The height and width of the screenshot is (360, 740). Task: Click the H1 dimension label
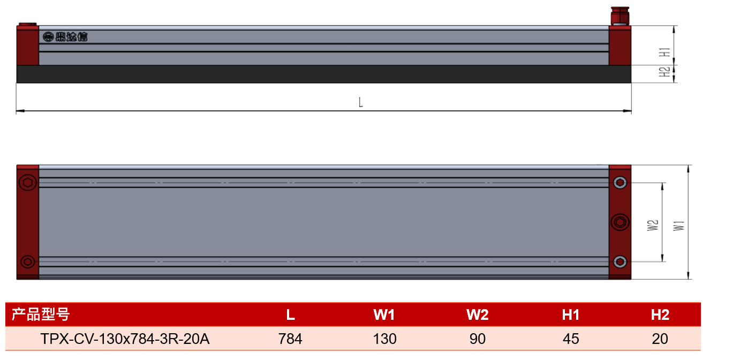(665, 52)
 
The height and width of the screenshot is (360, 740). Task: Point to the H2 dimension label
(665, 72)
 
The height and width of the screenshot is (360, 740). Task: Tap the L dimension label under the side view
(361, 102)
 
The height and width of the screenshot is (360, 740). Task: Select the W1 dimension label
(679, 226)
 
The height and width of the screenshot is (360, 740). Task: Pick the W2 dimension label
(653, 226)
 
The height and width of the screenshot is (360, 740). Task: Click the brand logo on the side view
(65, 36)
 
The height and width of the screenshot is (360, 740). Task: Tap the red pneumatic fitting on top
(620, 16)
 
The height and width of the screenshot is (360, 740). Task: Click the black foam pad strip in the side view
(324, 74)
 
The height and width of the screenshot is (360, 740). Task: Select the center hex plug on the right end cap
(620, 222)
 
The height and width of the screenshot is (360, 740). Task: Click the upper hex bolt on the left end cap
(28, 183)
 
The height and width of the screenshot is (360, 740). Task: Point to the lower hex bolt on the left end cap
(28, 262)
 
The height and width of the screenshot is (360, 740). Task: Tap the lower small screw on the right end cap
(620, 262)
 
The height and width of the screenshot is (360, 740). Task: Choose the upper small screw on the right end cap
(620, 183)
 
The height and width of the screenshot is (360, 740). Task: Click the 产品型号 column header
(41, 314)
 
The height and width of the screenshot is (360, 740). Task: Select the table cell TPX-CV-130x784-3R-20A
(125, 339)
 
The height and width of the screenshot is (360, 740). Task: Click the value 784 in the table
(290, 339)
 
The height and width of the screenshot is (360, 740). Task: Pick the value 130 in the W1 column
(384, 339)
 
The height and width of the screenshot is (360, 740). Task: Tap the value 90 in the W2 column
(478, 339)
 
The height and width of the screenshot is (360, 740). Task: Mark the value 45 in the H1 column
(571, 339)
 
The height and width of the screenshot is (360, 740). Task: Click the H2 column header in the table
(660, 314)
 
